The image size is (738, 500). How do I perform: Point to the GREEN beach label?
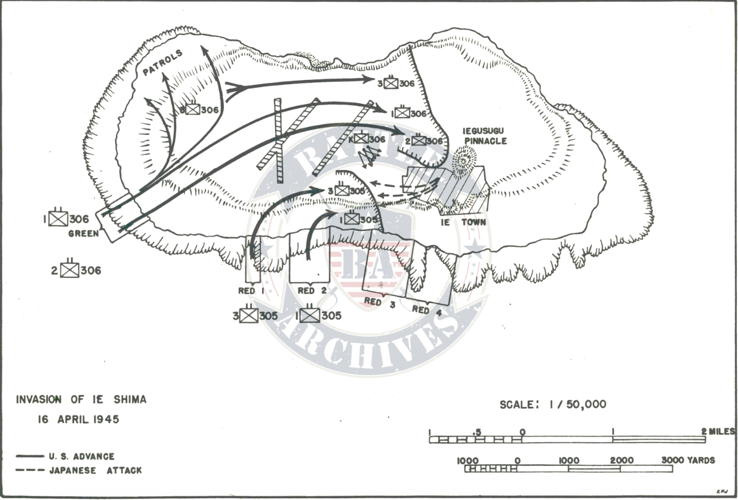tap(84, 234)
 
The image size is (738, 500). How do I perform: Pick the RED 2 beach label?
tap(312, 291)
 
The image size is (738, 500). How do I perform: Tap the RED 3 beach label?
tap(380, 302)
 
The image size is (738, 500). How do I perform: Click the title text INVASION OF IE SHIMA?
tap(81, 400)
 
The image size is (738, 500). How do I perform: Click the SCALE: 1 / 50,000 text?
tap(553, 405)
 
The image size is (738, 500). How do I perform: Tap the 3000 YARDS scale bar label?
tap(688, 461)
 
